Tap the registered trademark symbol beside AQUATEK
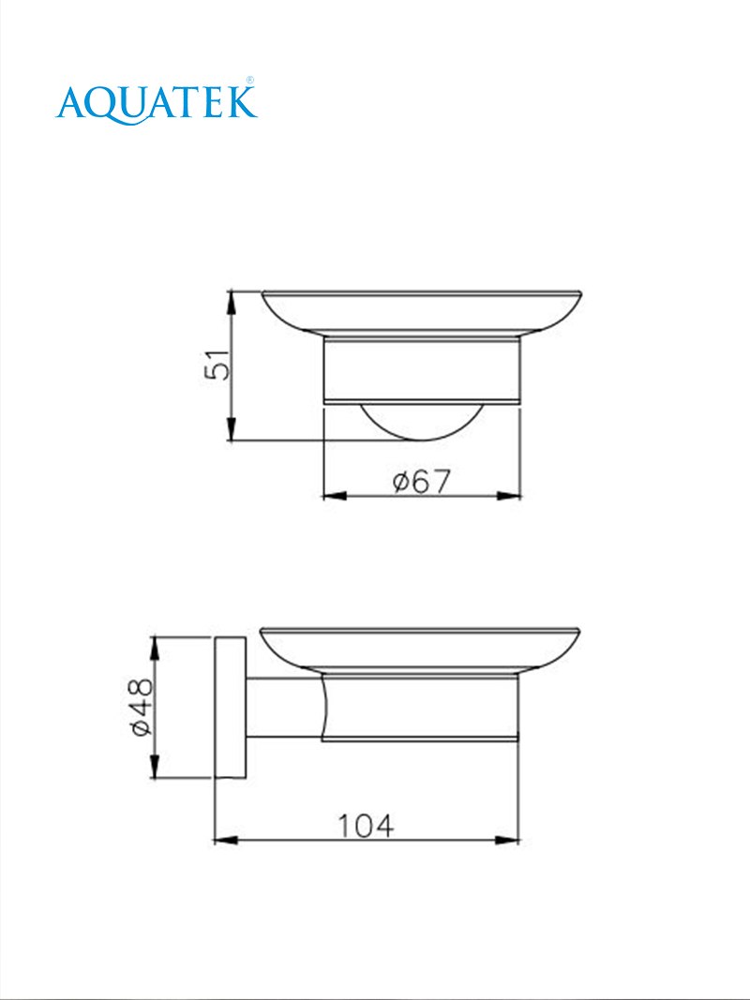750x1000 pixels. point(250,81)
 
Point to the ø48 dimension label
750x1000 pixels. point(142,707)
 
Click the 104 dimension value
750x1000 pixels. point(365,826)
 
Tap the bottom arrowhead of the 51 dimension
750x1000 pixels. point(232,429)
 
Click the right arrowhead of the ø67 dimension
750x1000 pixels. point(509,496)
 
